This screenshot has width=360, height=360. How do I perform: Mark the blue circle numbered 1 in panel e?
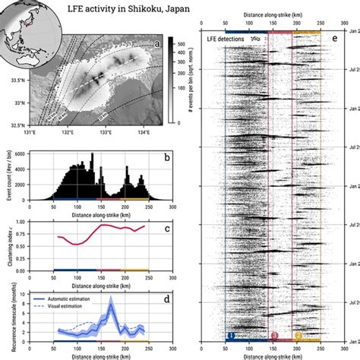231,335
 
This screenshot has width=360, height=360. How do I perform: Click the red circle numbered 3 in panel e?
274,335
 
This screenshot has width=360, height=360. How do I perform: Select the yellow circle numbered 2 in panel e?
298,335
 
